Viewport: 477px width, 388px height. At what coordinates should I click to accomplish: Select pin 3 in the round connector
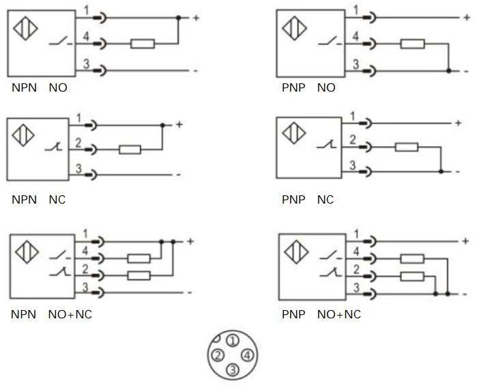click(x=233, y=370)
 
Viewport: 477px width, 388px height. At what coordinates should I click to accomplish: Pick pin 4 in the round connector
click(x=247, y=355)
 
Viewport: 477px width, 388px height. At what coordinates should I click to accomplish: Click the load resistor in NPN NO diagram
click(x=143, y=44)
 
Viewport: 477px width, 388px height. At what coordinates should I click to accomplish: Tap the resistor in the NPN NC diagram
click(x=130, y=149)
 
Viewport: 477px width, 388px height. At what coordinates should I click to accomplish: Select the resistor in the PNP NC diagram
click(x=407, y=146)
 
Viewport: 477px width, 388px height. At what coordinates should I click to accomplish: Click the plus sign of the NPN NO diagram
click(x=196, y=17)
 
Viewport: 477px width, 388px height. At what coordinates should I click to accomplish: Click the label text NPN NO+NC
click(x=52, y=315)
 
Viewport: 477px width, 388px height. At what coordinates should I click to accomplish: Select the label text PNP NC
click(x=308, y=200)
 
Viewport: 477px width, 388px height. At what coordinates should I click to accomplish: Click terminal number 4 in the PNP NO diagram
click(x=356, y=36)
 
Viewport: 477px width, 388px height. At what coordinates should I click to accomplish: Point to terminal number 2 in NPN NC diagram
click(x=79, y=142)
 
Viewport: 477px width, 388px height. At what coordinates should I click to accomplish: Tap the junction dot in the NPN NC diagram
click(x=162, y=126)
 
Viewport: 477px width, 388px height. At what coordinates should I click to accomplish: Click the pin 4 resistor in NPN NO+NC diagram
click(x=139, y=259)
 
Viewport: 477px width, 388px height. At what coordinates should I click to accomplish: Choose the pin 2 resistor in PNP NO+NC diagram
click(x=411, y=276)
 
